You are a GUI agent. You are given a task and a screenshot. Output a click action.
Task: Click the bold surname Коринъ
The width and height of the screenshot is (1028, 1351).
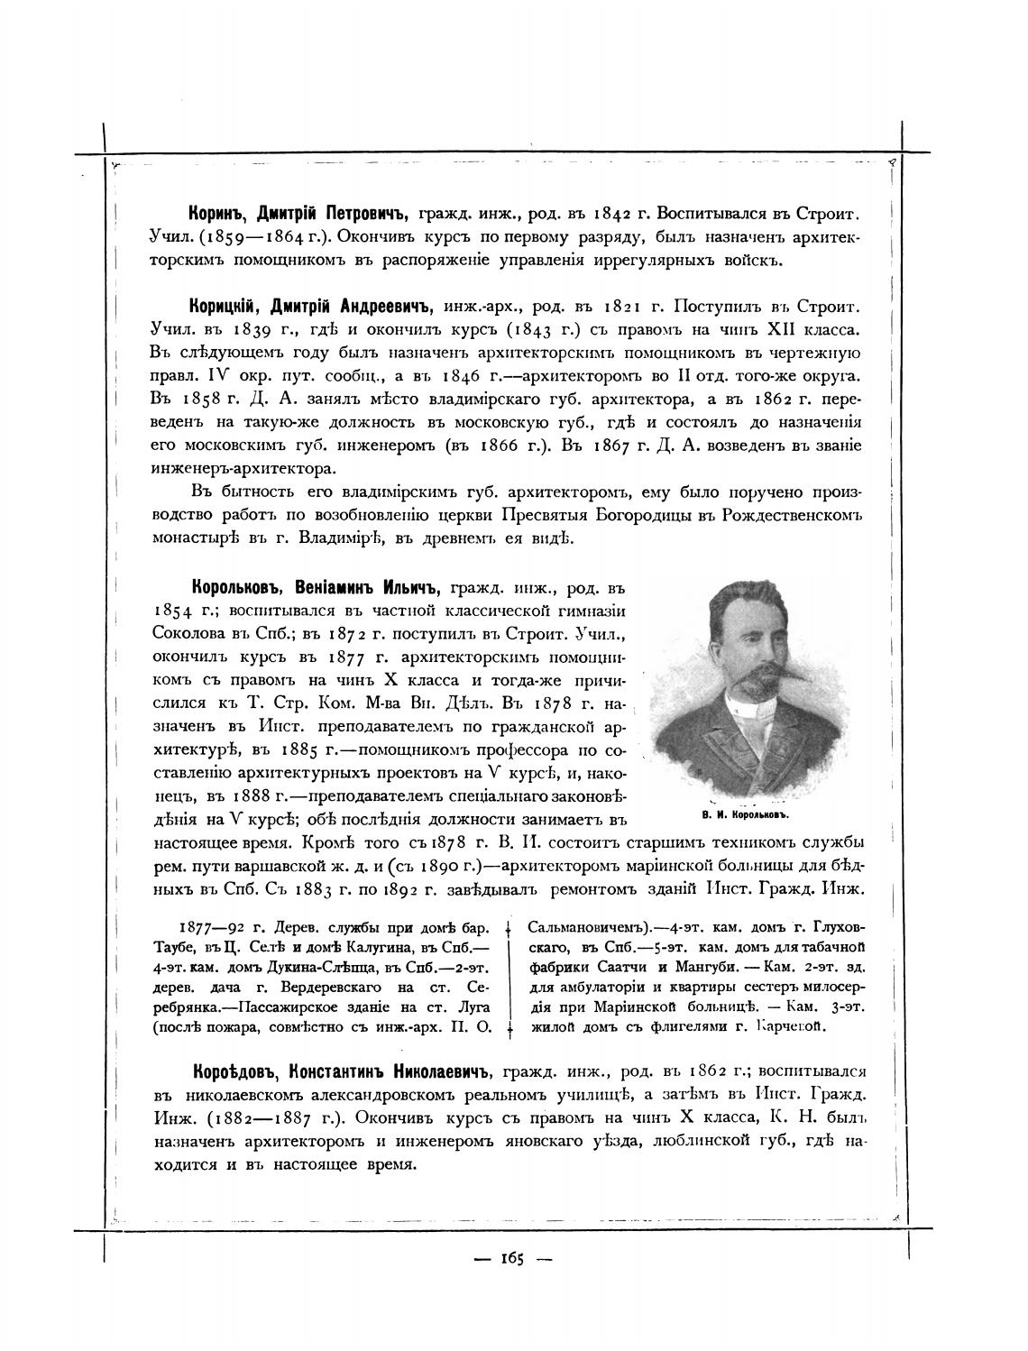[218, 216]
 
